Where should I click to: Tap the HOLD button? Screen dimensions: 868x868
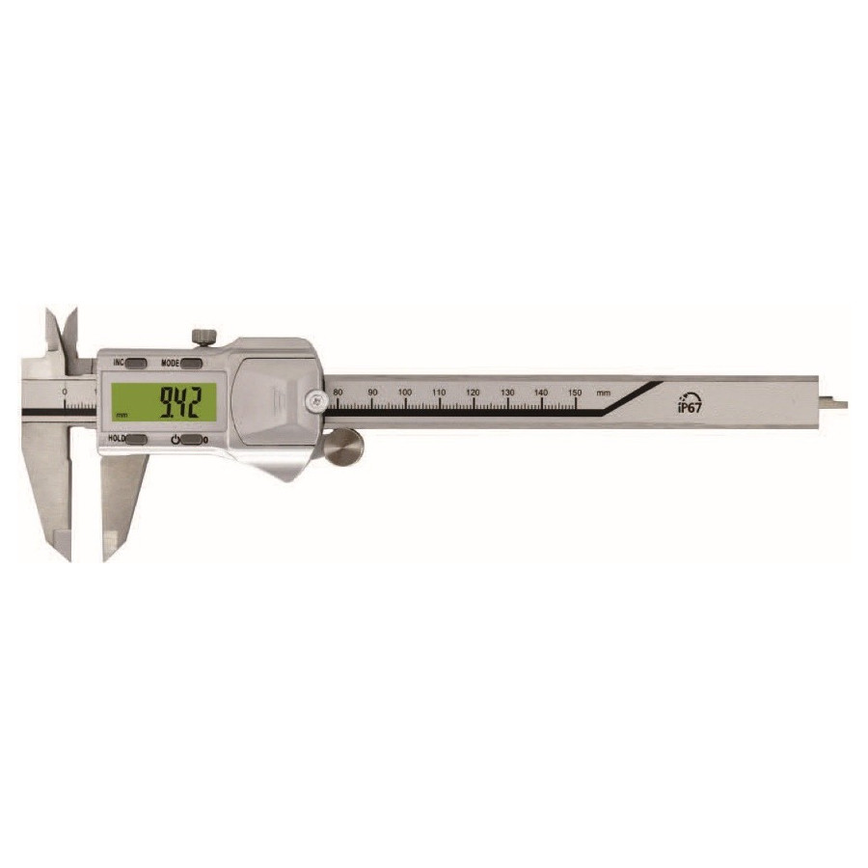tap(136, 440)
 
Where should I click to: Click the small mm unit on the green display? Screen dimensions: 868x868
tap(121, 416)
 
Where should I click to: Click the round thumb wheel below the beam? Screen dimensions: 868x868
tap(342, 448)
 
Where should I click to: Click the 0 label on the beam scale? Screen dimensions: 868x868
tap(64, 392)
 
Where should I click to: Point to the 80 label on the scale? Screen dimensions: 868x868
tap(338, 392)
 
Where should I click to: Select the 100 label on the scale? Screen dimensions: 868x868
tap(405, 392)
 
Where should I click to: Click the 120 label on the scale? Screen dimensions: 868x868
tap(473, 392)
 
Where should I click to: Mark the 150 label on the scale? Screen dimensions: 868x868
tap(574, 392)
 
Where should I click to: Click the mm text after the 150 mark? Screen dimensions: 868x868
tap(604, 393)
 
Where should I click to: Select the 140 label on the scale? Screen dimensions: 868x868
tap(540, 392)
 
